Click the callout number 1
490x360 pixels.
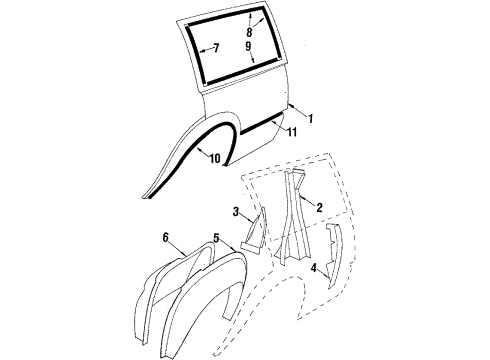click(310, 119)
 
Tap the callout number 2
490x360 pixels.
click(319, 208)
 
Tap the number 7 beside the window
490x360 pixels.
click(214, 46)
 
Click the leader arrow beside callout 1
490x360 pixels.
click(294, 109)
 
